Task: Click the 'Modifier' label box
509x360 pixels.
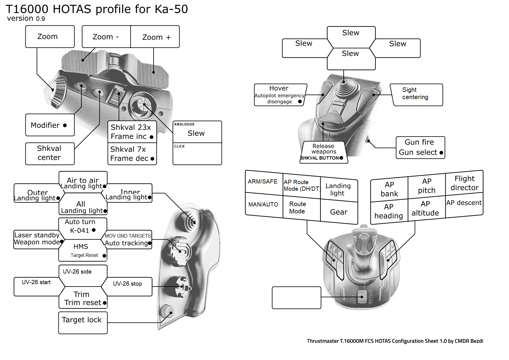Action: (x=50, y=125)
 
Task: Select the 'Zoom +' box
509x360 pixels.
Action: (x=156, y=37)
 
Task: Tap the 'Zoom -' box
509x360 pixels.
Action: (x=106, y=37)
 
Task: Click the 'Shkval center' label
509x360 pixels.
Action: (x=50, y=153)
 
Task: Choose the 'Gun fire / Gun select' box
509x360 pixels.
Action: (x=420, y=148)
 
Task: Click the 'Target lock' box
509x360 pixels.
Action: (x=83, y=322)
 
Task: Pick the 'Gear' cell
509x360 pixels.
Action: (x=339, y=212)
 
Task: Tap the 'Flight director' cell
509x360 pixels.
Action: (x=464, y=183)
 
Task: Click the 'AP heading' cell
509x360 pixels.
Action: (x=389, y=211)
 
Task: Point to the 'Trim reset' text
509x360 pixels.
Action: (x=83, y=303)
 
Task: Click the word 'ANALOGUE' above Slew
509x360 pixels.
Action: (x=184, y=124)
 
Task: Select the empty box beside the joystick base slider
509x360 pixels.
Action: (x=296, y=298)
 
